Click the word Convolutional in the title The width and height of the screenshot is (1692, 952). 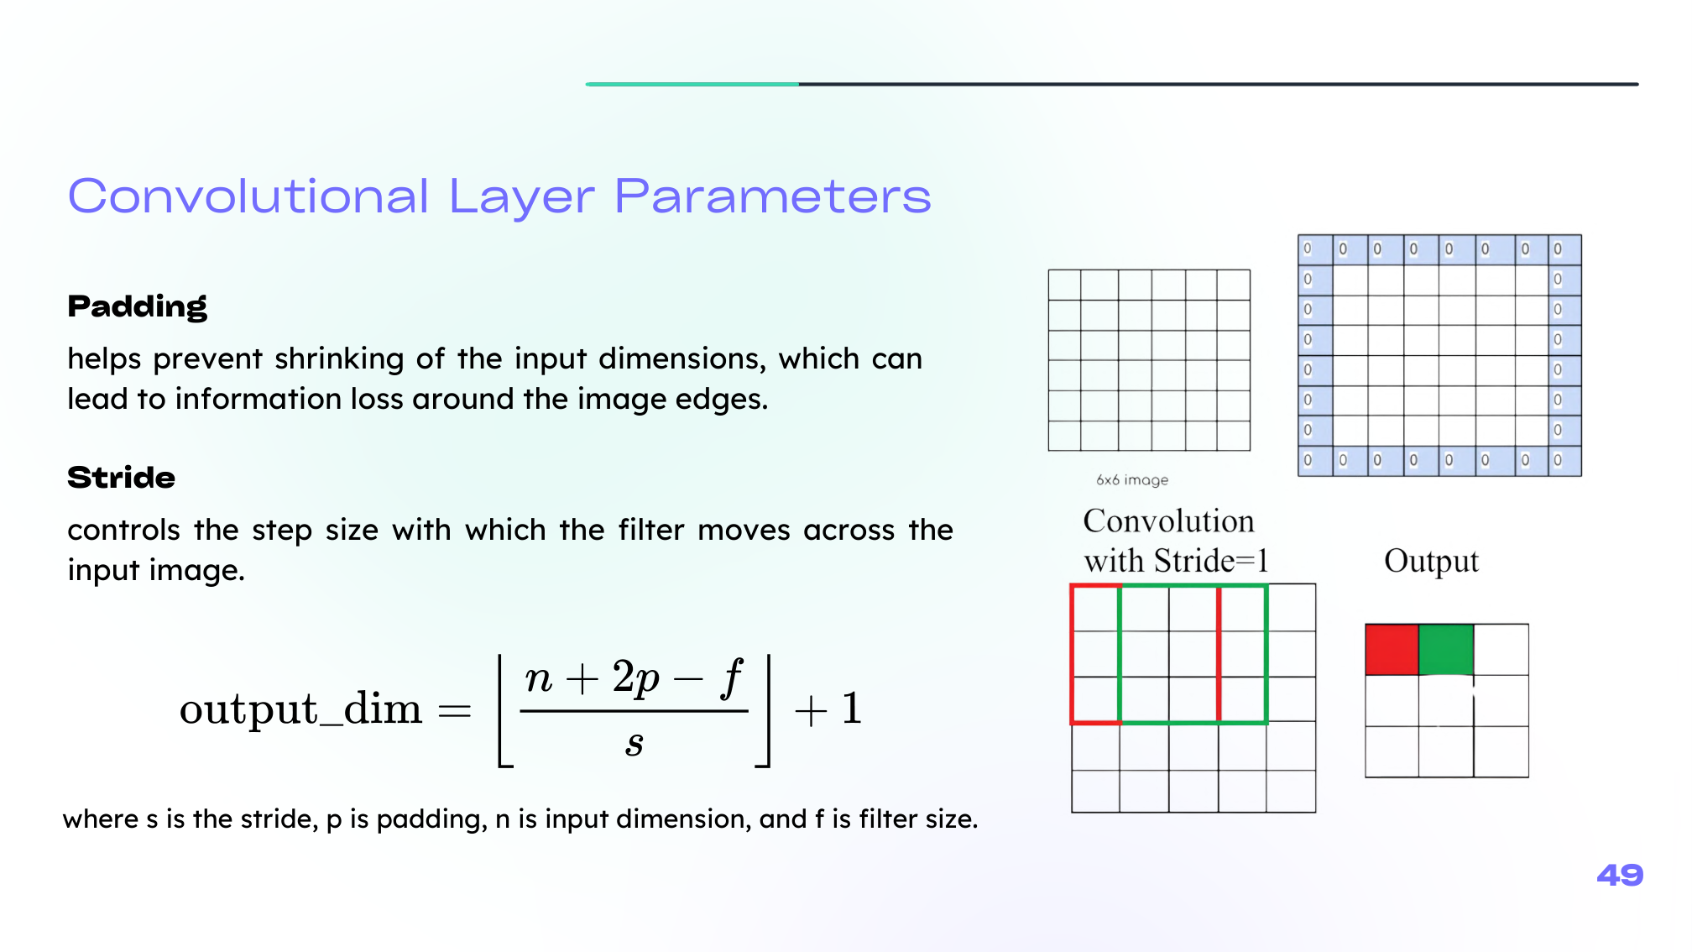pyautogui.click(x=248, y=196)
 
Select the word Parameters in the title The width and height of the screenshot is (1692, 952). pyautogui.click(x=773, y=196)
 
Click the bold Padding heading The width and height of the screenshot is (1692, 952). pyautogui.click(x=137, y=307)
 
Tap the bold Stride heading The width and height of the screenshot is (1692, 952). pyautogui.click(x=122, y=478)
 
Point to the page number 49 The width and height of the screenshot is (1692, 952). pyautogui.click(x=1620, y=875)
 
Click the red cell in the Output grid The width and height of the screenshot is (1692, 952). pyautogui.click(x=1392, y=650)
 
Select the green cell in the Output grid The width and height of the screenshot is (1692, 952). pyautogui.click(x=1446, y=650)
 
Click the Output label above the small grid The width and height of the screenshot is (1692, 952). pyautogui.click(x=1431, y=561)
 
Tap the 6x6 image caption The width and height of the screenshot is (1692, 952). pyautogui.click(x=1132, y=480)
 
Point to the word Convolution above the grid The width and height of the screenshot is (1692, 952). pyautogui.click(x=1168, y=521)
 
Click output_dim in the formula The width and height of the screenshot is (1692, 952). pyautogui.click(x=300, y=709)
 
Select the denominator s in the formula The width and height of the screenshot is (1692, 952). pyautogui.click(x=634, y=744)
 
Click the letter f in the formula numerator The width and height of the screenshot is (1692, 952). pyautogui.click(x=732, y=678)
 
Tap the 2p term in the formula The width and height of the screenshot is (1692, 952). pyautogui.click(x=636, y=678)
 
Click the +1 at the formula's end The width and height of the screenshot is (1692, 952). pyautogui.click(x=828, y=709)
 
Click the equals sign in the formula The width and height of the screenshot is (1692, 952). pyautogui.click(x=455, y=712)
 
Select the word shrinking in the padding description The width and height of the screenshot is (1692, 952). pyautogui.click(x=347, y=359)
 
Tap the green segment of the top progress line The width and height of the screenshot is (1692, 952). pyautogui.click(x=692, y=84)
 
